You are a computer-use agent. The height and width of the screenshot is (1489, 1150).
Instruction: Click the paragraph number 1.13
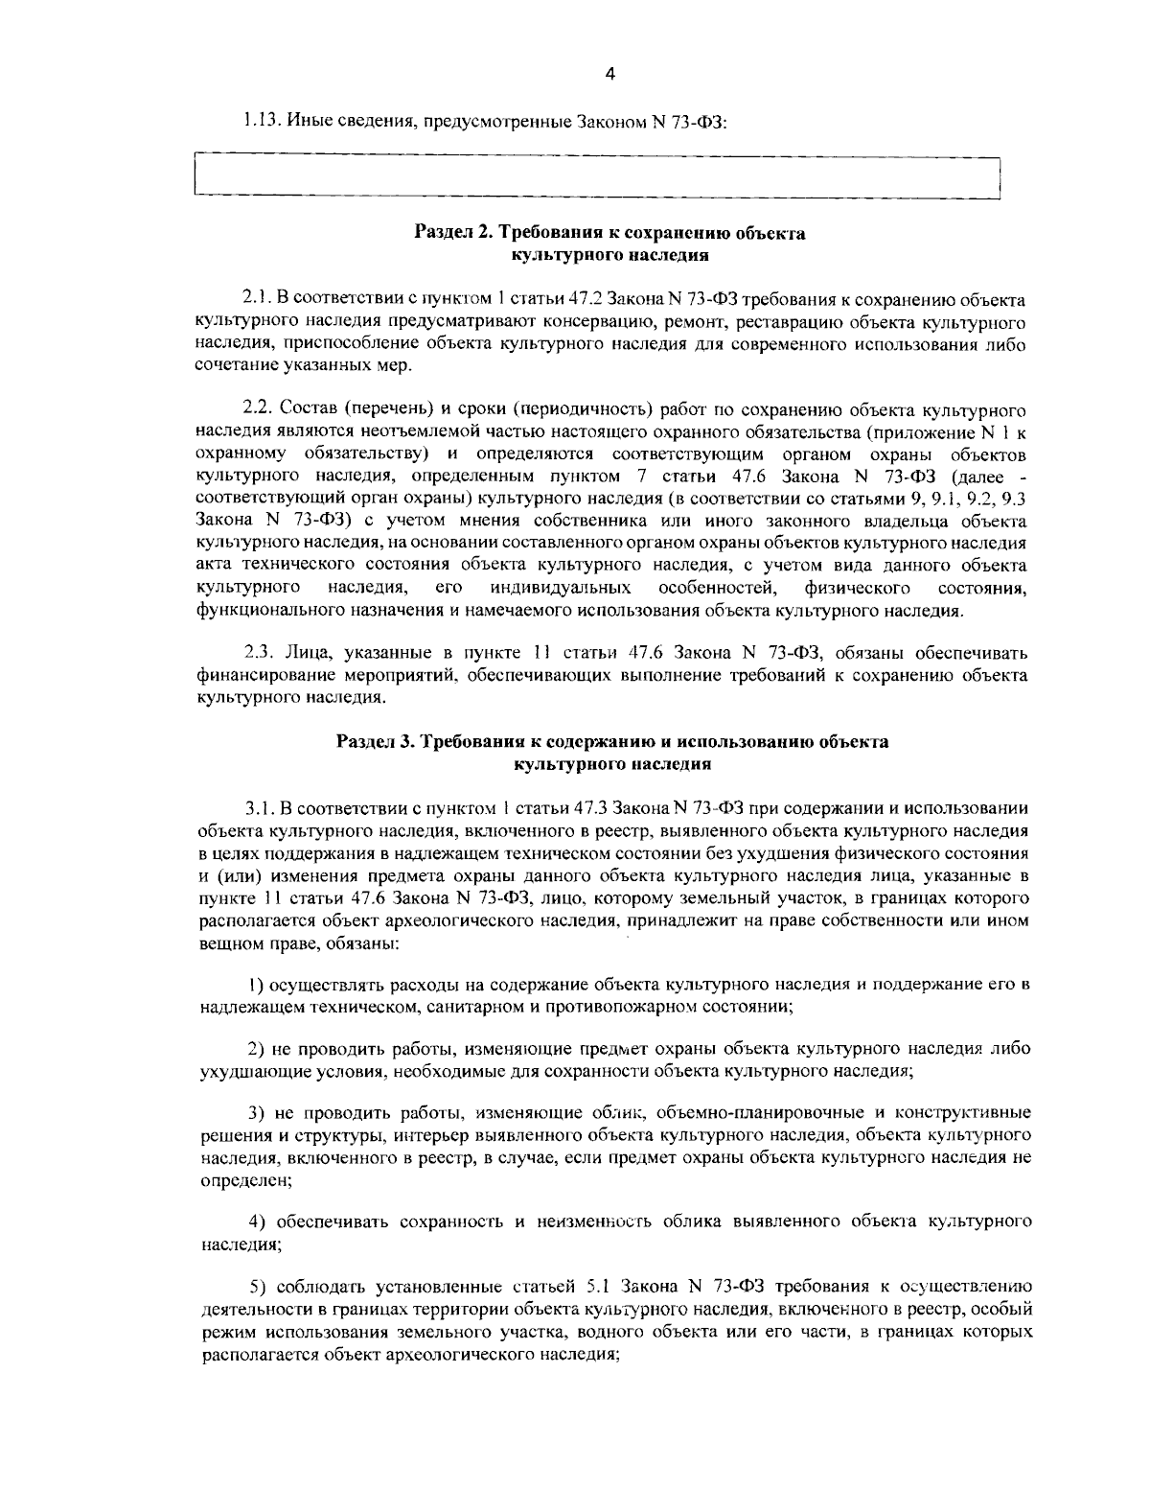[x=257, y=122]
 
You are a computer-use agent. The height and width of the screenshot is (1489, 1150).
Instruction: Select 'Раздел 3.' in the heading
[x=374, y=742]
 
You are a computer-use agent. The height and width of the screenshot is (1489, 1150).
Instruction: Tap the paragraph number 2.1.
[x=254, y=299]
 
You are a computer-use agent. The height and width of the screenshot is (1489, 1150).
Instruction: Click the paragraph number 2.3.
[x=256, y=654]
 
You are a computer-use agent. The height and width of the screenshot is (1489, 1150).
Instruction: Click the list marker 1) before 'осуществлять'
[x=255, y=985]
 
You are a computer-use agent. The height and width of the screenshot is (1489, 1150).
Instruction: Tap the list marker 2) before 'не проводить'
[x=256, y=1049]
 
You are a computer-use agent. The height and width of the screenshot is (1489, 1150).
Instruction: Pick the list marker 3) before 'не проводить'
[x=256, y=1113]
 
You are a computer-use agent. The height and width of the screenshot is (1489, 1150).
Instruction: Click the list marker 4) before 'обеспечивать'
[x=257, y=1221]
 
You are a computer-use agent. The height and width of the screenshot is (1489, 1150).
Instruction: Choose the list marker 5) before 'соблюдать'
[x=257, y=1286]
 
